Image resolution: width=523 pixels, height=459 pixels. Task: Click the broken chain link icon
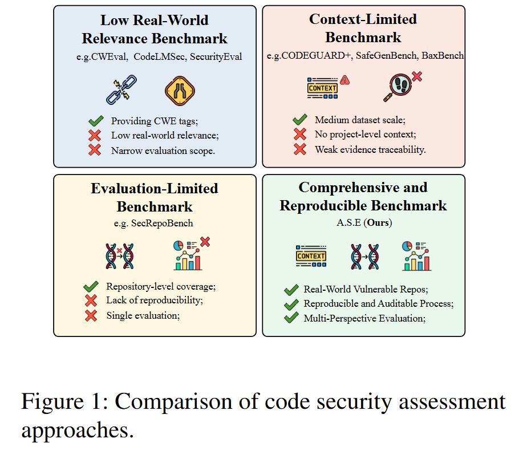(x=121, y=90)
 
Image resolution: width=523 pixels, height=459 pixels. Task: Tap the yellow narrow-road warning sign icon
(x=180, y=91)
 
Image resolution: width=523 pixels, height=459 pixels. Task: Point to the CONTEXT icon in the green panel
(x=311, y=256)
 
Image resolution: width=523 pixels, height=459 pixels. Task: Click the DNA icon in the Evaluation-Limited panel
(x=120, y=256)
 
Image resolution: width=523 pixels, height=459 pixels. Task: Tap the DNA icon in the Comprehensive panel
(x=365, y=257)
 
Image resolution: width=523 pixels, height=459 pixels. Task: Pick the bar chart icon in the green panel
(x=416, y=256)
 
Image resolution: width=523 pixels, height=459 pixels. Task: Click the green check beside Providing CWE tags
(x=96, y=121)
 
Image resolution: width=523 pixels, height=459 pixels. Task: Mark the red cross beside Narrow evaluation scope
(x=95, y=150)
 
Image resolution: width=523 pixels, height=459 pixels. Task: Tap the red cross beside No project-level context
(x=300, y=134)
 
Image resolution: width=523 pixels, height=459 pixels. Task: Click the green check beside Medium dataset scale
(x=300, y=119)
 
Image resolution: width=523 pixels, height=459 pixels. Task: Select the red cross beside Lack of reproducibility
(x=91, y=300)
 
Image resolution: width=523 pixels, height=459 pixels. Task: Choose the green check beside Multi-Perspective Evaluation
(x=291, y=318)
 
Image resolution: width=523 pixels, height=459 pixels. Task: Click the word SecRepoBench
(x=162, y=223)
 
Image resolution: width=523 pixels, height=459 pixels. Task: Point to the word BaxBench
(x=443, y=55)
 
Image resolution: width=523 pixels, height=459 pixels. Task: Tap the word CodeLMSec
(x=160, y=56)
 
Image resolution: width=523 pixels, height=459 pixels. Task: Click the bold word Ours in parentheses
(x=378, y=222)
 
